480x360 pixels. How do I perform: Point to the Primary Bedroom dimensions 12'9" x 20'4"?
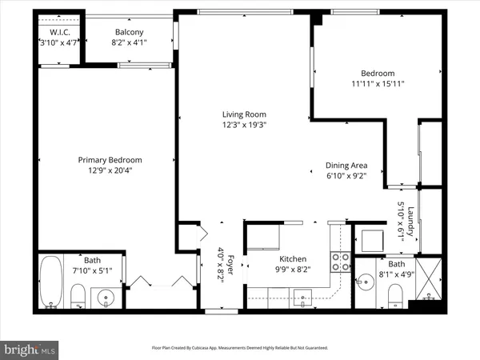104,170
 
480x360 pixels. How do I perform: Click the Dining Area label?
346,165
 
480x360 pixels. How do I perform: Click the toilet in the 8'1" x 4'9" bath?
396,298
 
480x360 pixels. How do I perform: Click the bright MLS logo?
30,349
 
